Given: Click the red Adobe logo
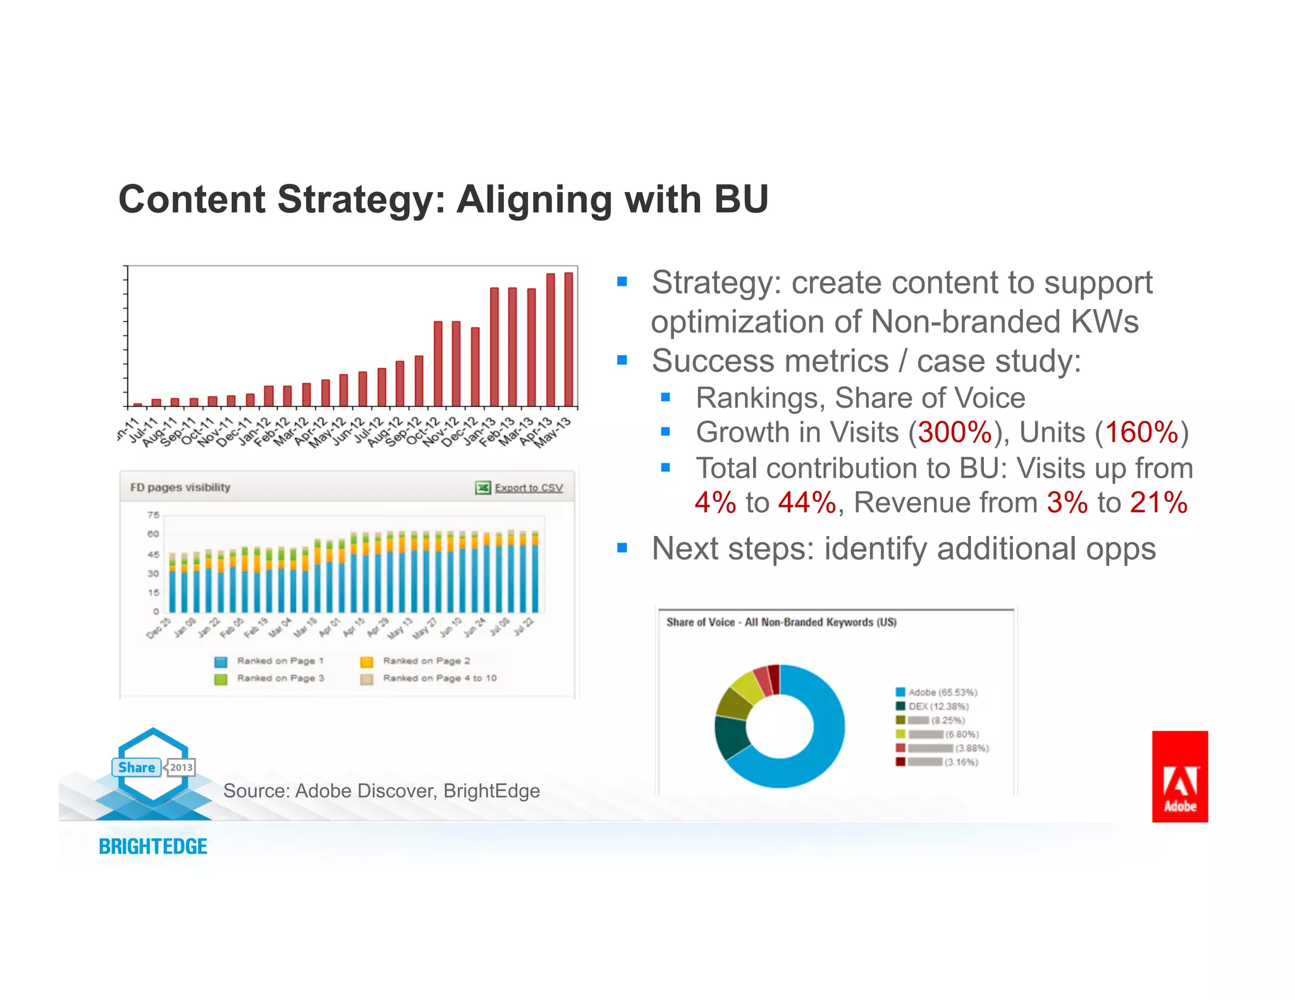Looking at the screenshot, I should click(1179, 776).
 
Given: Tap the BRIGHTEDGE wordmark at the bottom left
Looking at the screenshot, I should click(152, 846).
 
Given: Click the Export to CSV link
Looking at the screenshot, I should click(528, 487).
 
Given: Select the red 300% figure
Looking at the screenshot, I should click(954, 433).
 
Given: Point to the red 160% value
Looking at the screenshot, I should click(1141, 433).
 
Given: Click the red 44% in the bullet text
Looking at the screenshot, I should click(807, 503).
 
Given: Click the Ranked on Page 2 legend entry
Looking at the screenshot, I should click(426, 661).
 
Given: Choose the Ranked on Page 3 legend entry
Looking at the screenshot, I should click(280, 678).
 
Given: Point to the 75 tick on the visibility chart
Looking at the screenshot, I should click(154, 515).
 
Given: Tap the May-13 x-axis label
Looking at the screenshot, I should click(554, 432).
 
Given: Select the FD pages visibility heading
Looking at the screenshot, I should click(180, 487).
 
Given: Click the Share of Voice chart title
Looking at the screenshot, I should click(782, 622).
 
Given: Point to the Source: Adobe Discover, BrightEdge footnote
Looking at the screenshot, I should click(381, 791).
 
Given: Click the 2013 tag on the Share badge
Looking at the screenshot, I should click(181, 767).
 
